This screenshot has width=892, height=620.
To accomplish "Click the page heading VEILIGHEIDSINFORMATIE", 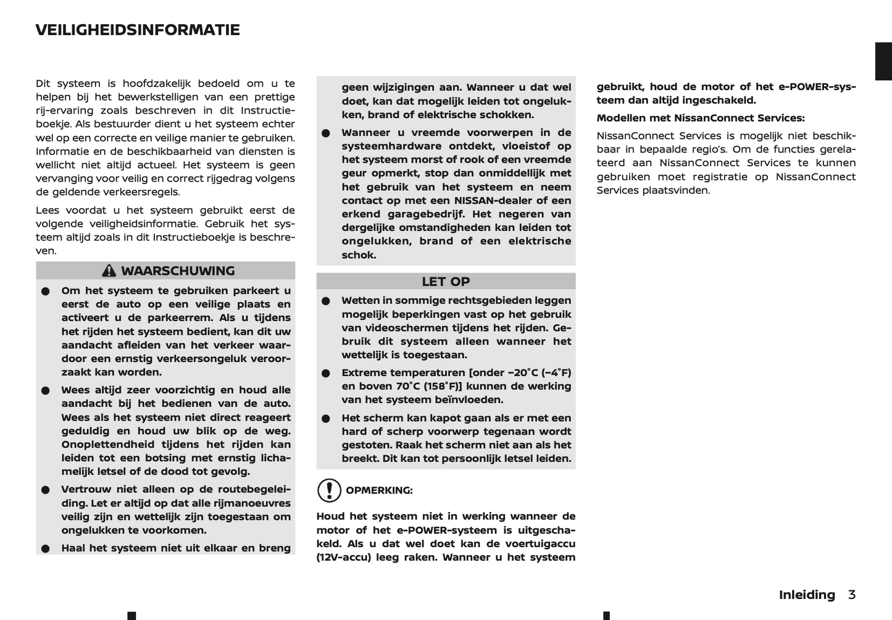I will (138, 30).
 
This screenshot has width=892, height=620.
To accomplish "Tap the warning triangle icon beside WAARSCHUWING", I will (109, 270).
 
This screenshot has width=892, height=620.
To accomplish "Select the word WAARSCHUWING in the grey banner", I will (178, 270).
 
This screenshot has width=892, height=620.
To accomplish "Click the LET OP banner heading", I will (446, 282).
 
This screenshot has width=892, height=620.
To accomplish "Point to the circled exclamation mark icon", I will (329, 490).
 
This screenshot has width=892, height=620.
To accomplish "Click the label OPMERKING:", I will (379, 490).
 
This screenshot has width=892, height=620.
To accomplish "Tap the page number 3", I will (852, 595).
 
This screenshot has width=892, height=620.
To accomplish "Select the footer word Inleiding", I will (807, 595).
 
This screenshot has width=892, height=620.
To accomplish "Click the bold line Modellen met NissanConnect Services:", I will (701, 118).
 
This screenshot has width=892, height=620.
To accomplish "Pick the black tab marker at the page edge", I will (883, 61).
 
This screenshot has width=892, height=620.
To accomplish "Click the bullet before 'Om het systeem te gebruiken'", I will (46, 291).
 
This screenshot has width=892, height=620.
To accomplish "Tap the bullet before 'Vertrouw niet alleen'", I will (46, 490).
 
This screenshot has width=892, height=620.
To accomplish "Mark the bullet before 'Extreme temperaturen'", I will (326, 373).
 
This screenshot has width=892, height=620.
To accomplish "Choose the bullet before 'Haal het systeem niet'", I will (46, 548).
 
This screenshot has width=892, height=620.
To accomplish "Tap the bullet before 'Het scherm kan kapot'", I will (326, 418).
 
